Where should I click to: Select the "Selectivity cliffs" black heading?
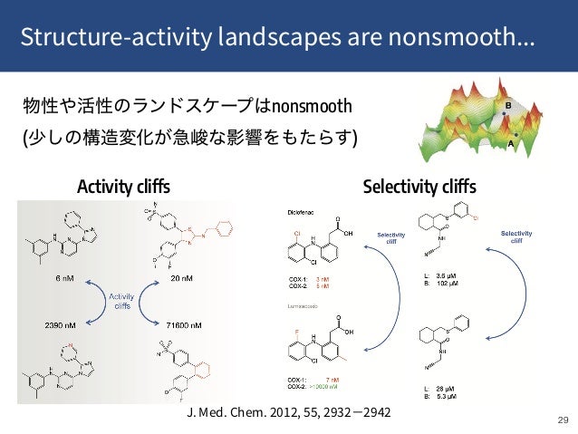tap(419, 188)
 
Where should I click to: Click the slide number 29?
tap(563, 420)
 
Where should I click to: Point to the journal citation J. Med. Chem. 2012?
tap(288, 412)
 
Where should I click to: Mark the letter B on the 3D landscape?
tap(508, 106)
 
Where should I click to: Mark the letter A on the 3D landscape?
tap(511, 143)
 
